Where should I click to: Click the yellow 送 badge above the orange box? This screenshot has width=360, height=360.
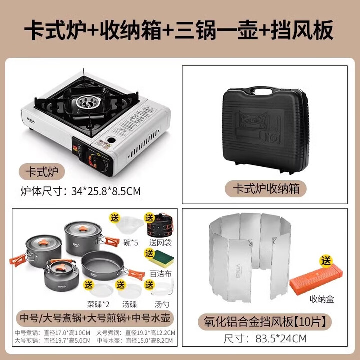click(326, 261)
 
